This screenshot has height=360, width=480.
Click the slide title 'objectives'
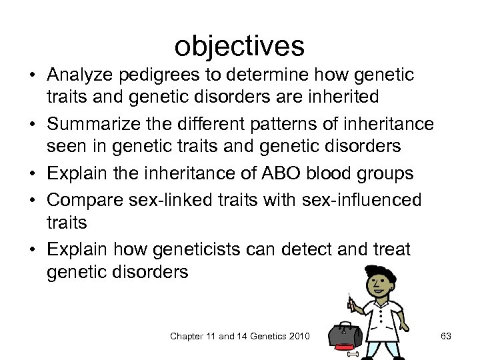coord(239,45)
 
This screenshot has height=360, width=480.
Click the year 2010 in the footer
coord(298,337)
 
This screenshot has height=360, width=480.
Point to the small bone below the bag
coord(353,353)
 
